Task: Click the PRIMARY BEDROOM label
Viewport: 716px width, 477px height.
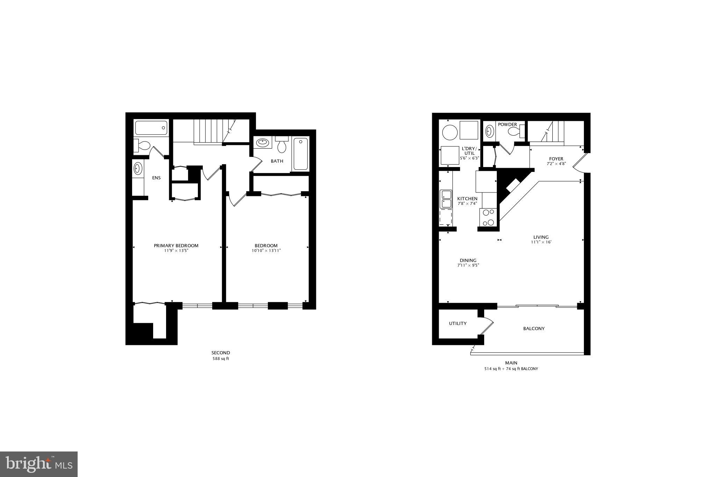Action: tap(176, 246)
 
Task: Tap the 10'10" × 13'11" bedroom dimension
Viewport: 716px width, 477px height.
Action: tap(266, 251)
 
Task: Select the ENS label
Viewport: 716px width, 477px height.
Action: tap(156, 178)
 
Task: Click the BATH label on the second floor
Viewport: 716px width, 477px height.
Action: tap(277, 161)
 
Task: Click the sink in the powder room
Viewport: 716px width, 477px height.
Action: tap(489, 131)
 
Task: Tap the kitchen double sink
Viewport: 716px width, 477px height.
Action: tap(446, 199)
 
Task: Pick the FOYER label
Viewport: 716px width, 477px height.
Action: tap(556, 159)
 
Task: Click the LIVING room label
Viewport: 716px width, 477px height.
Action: tap(541, 237)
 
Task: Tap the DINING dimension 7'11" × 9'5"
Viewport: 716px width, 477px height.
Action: tap(468, 265)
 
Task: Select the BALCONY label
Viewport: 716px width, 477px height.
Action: tap(534, 328)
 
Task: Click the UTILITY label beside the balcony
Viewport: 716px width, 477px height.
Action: tap(458, 324)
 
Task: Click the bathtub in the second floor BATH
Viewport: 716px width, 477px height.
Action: tap(300, 154)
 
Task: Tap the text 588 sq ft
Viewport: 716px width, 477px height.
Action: tap(221, 359)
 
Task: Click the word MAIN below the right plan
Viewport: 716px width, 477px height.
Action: tap(511, 363)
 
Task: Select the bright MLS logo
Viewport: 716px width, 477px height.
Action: tap(39, 464)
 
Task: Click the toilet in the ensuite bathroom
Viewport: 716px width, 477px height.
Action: tap(143, 145)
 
